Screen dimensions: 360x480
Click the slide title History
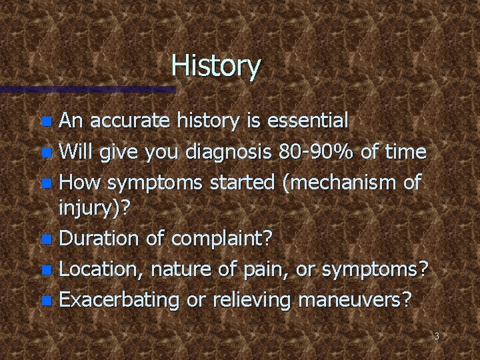216,66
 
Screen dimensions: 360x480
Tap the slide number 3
437,337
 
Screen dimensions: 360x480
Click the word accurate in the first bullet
124,121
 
